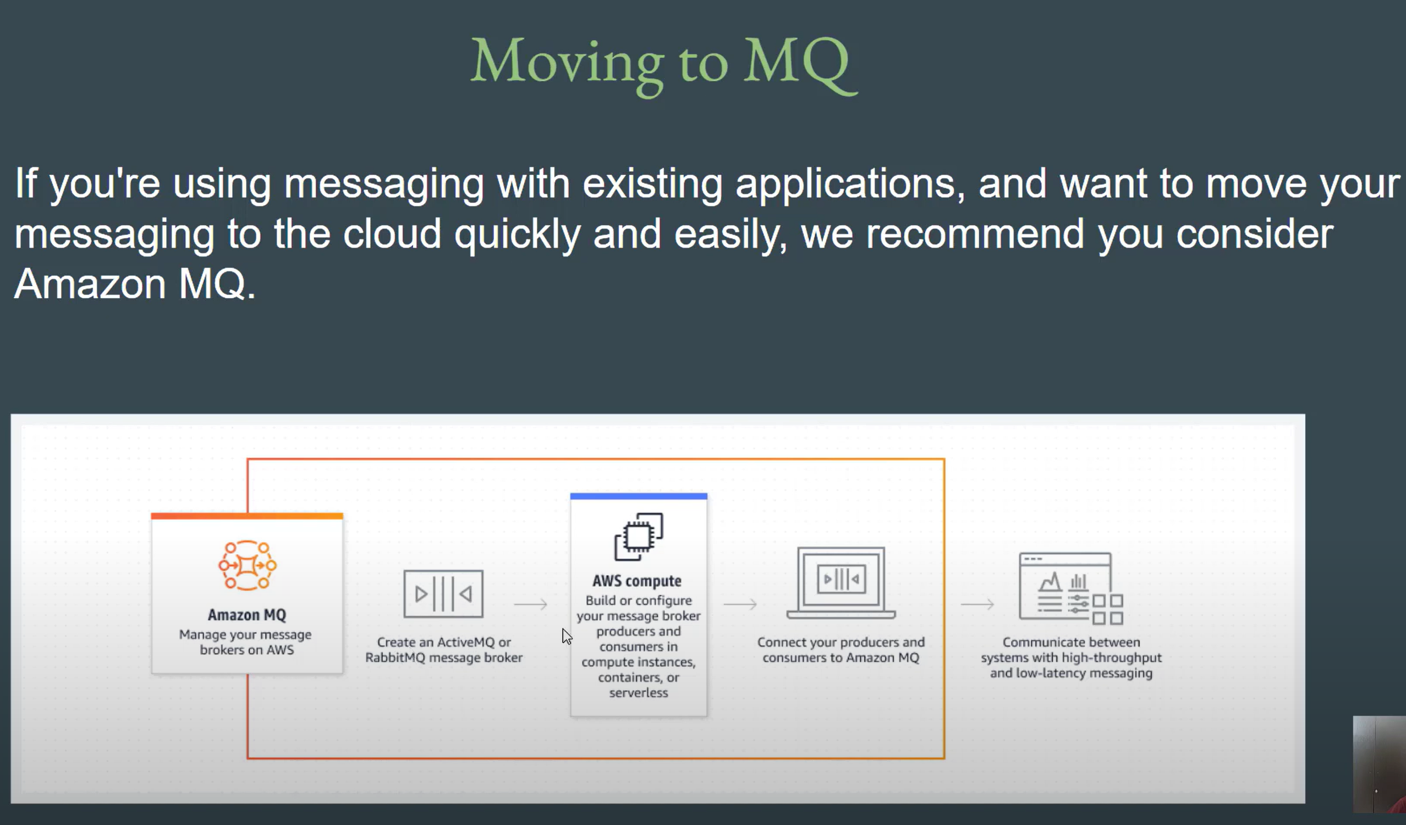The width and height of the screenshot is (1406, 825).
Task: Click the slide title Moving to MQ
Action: [663, 65]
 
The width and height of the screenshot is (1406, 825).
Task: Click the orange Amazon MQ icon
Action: [247, 565]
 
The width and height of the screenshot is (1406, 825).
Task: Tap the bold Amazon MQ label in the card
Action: [247, 615]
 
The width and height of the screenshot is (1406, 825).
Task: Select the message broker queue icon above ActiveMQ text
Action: [443, 593]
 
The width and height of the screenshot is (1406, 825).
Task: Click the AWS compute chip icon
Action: [639, 537]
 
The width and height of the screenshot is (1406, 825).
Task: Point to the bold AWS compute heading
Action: [637, 581]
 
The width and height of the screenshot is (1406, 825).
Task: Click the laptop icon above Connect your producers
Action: [841, 583]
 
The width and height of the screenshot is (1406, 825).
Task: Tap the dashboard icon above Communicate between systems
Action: [1070, 588]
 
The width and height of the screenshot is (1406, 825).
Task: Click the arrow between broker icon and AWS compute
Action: [531, 604]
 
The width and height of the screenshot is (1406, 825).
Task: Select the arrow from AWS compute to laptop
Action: [740, 604]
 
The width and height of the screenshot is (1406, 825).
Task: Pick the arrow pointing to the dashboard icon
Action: [977, 604]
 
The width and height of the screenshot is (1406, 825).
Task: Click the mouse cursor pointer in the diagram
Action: [567, 636]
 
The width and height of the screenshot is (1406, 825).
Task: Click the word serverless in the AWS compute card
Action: [639, 693]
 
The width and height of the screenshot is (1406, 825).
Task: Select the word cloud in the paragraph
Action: [392, 234]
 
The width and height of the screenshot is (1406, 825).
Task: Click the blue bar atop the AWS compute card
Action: [639, 496]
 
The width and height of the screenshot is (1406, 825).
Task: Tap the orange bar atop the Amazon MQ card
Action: [247, 516]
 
